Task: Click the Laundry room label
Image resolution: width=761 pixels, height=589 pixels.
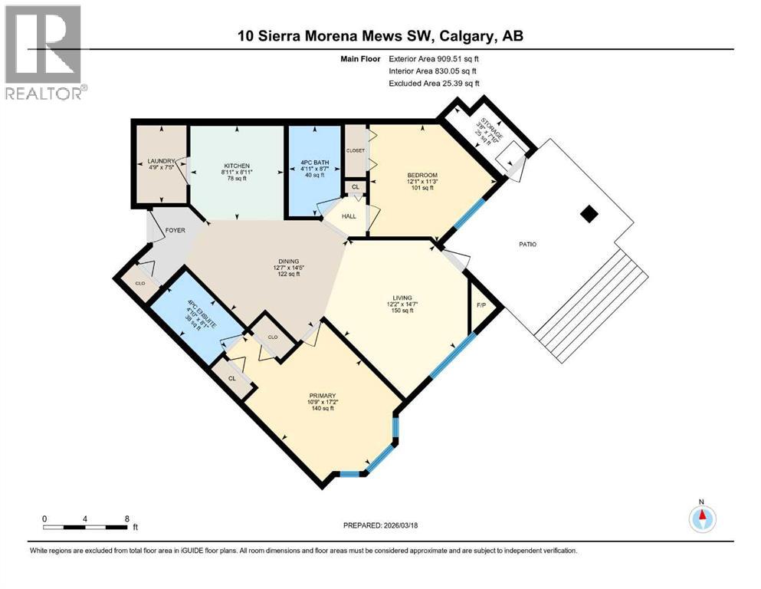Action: point(162,162)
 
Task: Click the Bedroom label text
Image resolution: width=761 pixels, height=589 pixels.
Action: point(422,176)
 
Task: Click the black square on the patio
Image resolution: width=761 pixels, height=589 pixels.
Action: point(589,215)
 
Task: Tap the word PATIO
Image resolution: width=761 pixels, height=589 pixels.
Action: point(526,245)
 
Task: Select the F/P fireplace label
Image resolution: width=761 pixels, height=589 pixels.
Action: point(481,305)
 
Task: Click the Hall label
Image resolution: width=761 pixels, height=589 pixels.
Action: point(349,217)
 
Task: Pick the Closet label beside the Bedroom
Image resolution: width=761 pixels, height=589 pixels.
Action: point(356,150)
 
